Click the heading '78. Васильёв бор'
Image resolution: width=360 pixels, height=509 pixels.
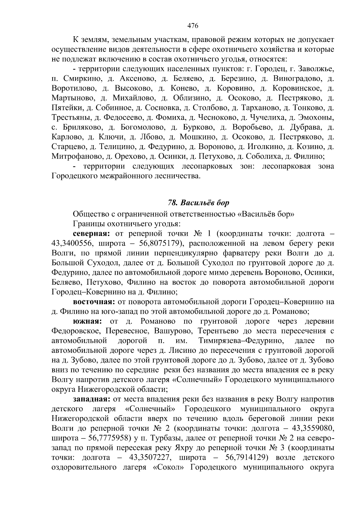pyautogui.click(x=198, y=203)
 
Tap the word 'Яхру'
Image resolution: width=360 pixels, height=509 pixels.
pyautogui.click(x=184, y=448)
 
